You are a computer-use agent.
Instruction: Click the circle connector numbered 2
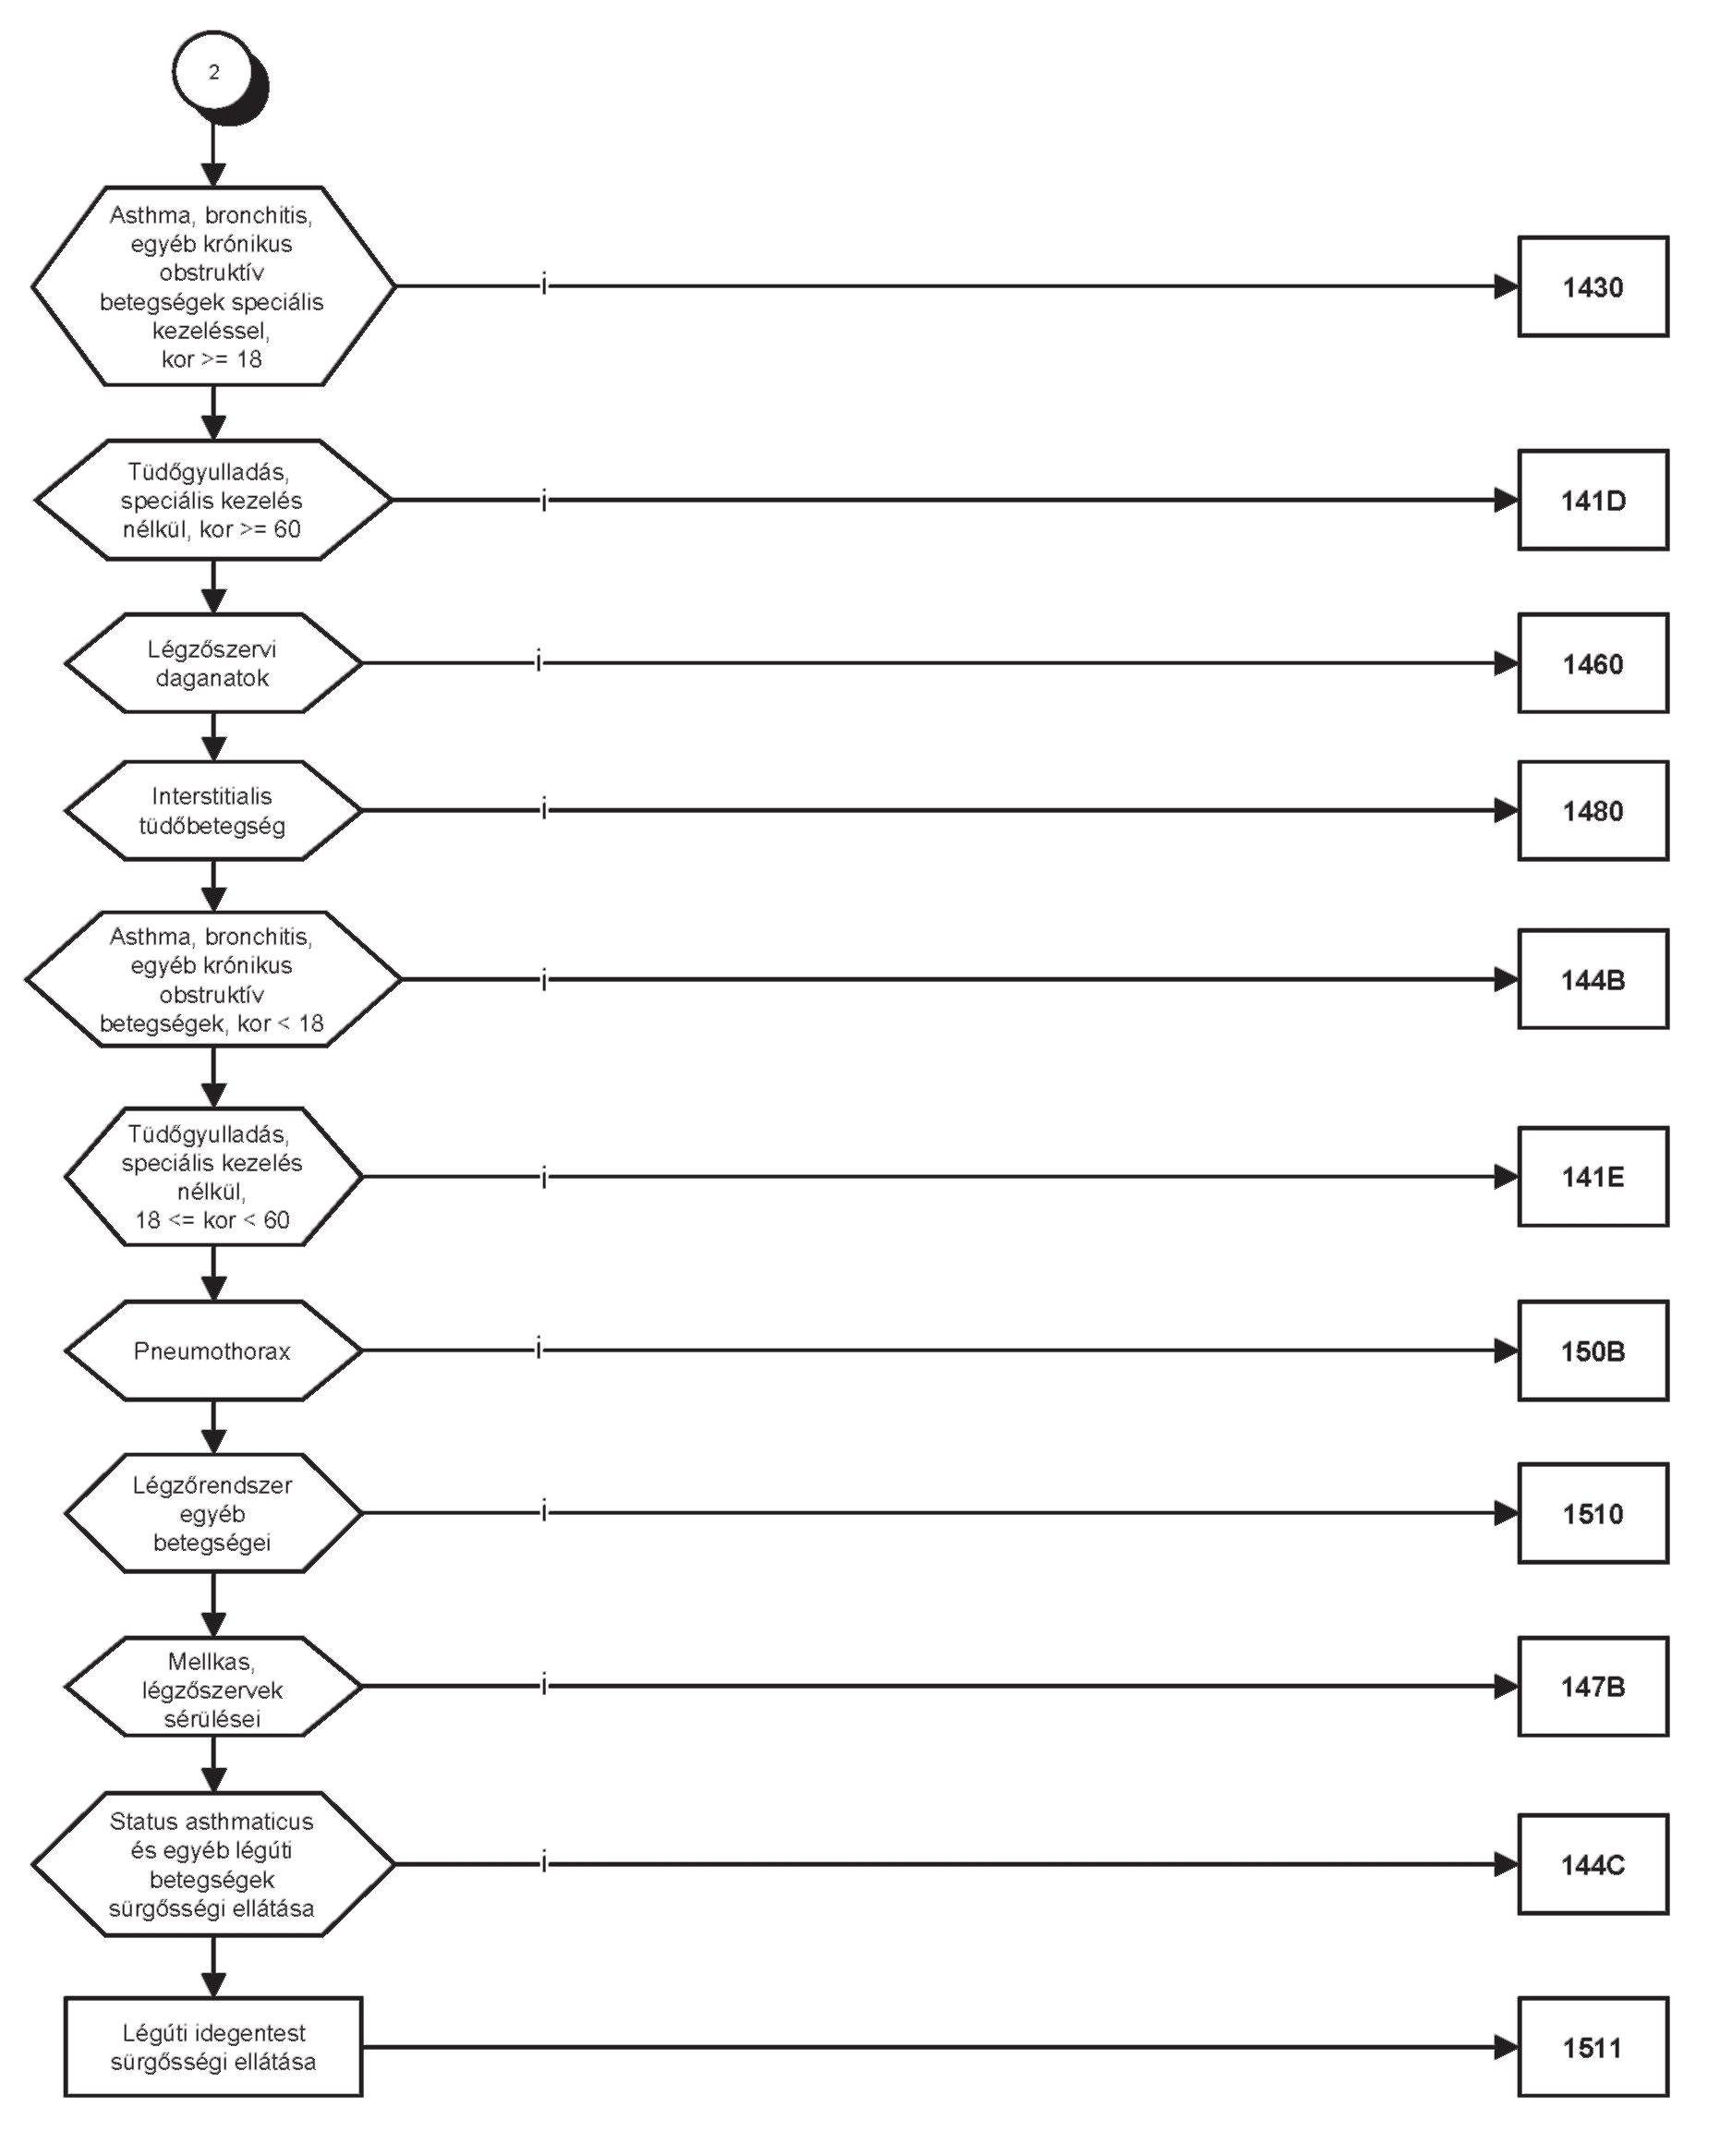point(214,71)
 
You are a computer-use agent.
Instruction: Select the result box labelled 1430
point(1593,286)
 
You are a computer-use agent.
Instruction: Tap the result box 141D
point(1593,501)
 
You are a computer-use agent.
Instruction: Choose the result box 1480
point(1593,810)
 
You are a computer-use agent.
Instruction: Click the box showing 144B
point(1593,979)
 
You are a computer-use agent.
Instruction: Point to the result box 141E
point(1593,1176)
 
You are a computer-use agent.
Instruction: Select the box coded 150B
point(1593,1351)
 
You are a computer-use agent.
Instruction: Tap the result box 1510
point(1593,1513)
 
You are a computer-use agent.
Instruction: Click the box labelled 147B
point(1593,1686)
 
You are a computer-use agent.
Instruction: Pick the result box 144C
point(1593,1864)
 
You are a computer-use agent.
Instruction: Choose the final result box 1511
point(1593,2047)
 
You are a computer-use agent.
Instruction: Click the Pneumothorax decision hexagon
point(213,1351)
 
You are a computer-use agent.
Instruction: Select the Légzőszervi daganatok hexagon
point(213,662)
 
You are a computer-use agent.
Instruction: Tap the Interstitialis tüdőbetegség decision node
point(213,810)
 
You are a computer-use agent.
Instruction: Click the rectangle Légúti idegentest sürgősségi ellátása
point(213,2047)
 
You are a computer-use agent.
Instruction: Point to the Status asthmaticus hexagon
point(213,1864)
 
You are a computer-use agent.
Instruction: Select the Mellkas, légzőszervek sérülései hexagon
point(213,1686)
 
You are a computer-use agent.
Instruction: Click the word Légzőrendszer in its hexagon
point(212,1485)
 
